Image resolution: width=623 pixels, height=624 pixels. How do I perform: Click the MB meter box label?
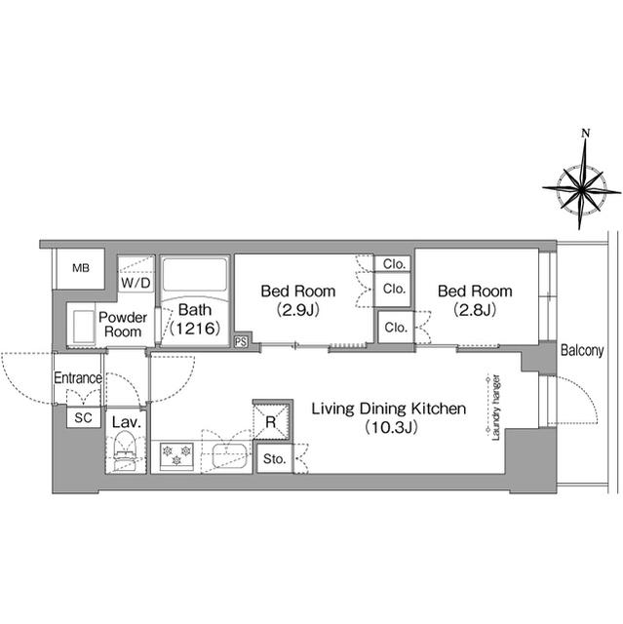[x=81, y=268]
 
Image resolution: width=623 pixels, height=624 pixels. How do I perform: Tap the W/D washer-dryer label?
[x=136, y=283]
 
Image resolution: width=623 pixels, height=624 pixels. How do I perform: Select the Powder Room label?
[x=123, y=325]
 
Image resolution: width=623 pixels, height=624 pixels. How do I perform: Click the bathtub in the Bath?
[x=195, y=275]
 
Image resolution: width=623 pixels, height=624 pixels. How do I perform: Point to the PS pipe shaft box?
[x=241, y=341]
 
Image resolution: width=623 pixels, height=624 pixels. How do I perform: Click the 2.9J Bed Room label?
[x=298, y=300]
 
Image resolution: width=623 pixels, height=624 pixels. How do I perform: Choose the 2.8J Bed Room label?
[x=475, y=300]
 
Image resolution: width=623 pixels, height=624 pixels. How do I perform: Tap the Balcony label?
[x=582, y=350]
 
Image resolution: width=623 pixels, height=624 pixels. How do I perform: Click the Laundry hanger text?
[x=496, y=408]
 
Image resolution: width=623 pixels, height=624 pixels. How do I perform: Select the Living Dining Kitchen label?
[x=389, y=417]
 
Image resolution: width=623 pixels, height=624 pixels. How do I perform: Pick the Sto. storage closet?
[x=275, y=459]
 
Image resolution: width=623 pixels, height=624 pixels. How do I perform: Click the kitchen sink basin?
[x=229, y=455]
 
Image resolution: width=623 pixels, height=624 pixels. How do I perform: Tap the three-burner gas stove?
[x=176, y=456]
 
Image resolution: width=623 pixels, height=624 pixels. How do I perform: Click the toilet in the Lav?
[x=126, y=452]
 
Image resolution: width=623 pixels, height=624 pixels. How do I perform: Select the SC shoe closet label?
[x=83, y=418]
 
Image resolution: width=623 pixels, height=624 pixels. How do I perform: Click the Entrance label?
[x=78, y=377]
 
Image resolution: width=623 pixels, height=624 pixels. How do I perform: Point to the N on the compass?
[x=585, y=134]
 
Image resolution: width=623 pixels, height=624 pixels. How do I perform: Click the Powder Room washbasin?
[x=84, y=328]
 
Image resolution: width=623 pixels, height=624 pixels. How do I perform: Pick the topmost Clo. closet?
[x=394, y=264]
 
